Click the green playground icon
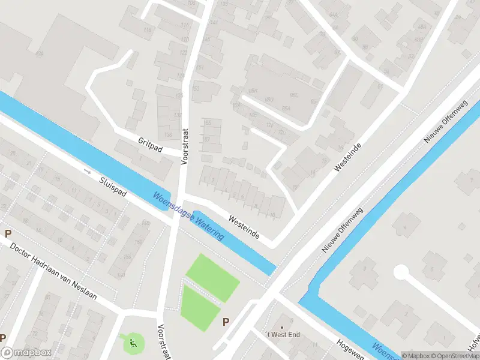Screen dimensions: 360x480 [x=133, y=343]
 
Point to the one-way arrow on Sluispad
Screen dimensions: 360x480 [x=88, y=171]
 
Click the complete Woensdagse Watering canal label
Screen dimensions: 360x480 [x=188, y=216]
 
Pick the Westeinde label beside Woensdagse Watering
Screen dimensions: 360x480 [x=244, y=227]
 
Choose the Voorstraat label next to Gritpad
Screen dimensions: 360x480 [x=184, y=145]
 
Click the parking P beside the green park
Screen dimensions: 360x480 [x=226, y=322]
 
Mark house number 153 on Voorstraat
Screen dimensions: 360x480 [x=195, y=89]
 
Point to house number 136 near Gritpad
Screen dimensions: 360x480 [x=168, y=135]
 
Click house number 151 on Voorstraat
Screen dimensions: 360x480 [x=199, y=67]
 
